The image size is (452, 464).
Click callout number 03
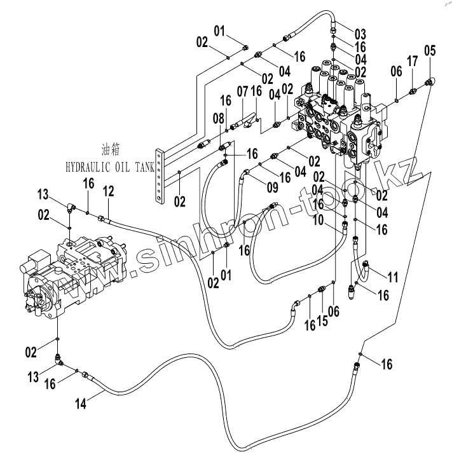(x=360, y=34)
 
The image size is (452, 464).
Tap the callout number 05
(x=430, y=51)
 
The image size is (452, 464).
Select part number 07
(x=242, y=92)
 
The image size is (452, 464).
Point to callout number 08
(x=219, y=119)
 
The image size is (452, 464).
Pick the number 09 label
(x=272, y=188)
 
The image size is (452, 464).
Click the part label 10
(x=318, y=220)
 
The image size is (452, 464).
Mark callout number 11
(x=393, y=277)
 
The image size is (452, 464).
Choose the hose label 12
(x=108, y=191)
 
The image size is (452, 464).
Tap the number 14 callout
(x=81, y=404)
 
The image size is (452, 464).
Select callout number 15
(x=322, y=321)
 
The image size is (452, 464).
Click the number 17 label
(x=412, y=62)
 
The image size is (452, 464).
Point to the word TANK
(x=145, y=168)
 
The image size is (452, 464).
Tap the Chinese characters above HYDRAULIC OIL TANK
(x=111, y=150)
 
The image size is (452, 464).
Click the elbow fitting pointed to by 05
(x=430, y=81)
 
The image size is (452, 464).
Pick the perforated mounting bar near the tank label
(x=160, y=177)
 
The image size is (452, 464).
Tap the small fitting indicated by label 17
(x=413, y=92)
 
